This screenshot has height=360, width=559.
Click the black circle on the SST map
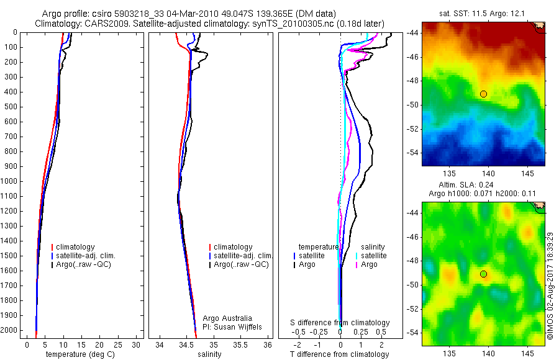pyautogui.click(x=483, y=94)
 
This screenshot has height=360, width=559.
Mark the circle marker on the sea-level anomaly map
pyautogui.click(x=483, y=274)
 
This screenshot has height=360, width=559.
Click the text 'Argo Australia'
pyautogui.click(x=227, y=318)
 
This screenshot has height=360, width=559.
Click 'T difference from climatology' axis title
pyautogui.click(x=339, y=354)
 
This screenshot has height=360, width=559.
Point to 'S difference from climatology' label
pyautogui.click(x=340, y=323)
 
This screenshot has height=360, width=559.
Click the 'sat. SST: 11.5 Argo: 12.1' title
pyautogui.click(x=483, y=12)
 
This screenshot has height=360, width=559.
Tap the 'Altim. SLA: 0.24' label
pyautogui.click(x=483, y=184)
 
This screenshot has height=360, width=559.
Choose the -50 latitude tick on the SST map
pyautogui.click(x=414, y=105)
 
